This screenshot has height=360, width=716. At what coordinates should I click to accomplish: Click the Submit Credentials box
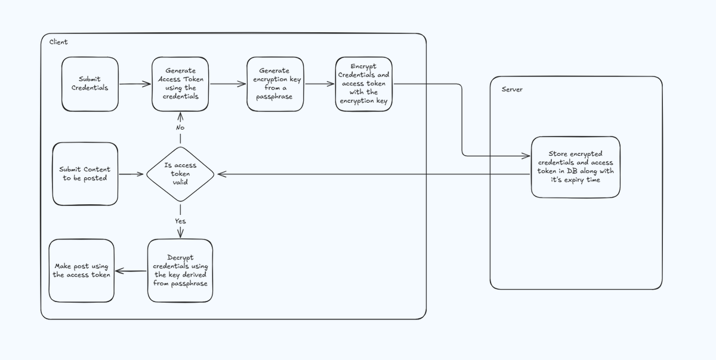90,84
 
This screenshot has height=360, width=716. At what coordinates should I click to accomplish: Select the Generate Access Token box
180,84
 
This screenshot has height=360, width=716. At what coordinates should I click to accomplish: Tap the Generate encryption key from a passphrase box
274,84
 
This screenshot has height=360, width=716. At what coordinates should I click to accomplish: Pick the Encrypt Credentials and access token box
363,84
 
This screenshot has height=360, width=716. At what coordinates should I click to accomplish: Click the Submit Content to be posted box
85,173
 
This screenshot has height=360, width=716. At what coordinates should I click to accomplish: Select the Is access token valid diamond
180,174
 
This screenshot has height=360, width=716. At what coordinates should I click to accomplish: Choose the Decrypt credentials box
180,270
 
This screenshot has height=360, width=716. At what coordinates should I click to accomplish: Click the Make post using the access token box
82,270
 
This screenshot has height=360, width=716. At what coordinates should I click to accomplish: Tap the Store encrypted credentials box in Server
575,167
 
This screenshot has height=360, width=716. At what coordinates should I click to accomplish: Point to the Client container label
54,42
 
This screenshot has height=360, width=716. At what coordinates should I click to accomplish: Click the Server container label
512,89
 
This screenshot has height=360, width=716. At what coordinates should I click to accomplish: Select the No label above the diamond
180,128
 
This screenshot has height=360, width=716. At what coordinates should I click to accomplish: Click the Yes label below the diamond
180,221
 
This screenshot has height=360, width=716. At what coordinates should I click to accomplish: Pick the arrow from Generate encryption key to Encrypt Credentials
319,84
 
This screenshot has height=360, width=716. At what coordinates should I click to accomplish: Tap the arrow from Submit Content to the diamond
132,175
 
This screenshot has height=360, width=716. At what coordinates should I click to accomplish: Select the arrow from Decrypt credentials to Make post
131,271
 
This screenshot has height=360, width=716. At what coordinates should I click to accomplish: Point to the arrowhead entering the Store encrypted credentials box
527,157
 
